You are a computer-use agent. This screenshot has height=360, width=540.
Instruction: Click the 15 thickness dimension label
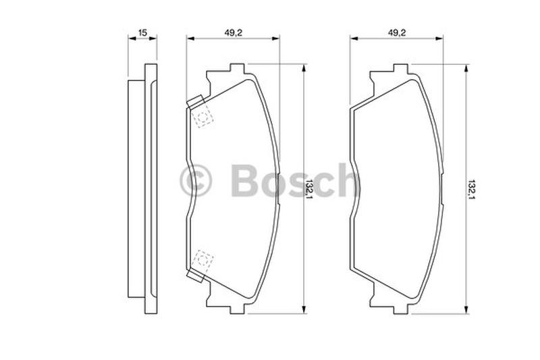[x=142, y=33]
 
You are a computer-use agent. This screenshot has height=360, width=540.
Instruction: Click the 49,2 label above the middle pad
[x=234, y=32]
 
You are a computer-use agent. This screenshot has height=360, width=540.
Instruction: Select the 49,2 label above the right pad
[x=397, y=32]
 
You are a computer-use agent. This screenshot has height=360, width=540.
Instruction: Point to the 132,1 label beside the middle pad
[x=309, y=190]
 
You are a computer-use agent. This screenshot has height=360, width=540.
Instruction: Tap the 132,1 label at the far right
[x=471, y=190]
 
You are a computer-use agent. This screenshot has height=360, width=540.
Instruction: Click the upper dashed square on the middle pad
[x=203, y=116]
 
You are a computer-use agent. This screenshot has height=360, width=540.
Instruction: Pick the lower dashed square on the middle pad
[x=203, y=261]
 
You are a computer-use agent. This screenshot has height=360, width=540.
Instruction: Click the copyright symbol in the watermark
[x=196, y=180]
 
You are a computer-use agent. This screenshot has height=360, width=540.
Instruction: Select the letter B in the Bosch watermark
[x=245, y=180]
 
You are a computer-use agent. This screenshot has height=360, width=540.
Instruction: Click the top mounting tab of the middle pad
[x=238, y=68]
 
